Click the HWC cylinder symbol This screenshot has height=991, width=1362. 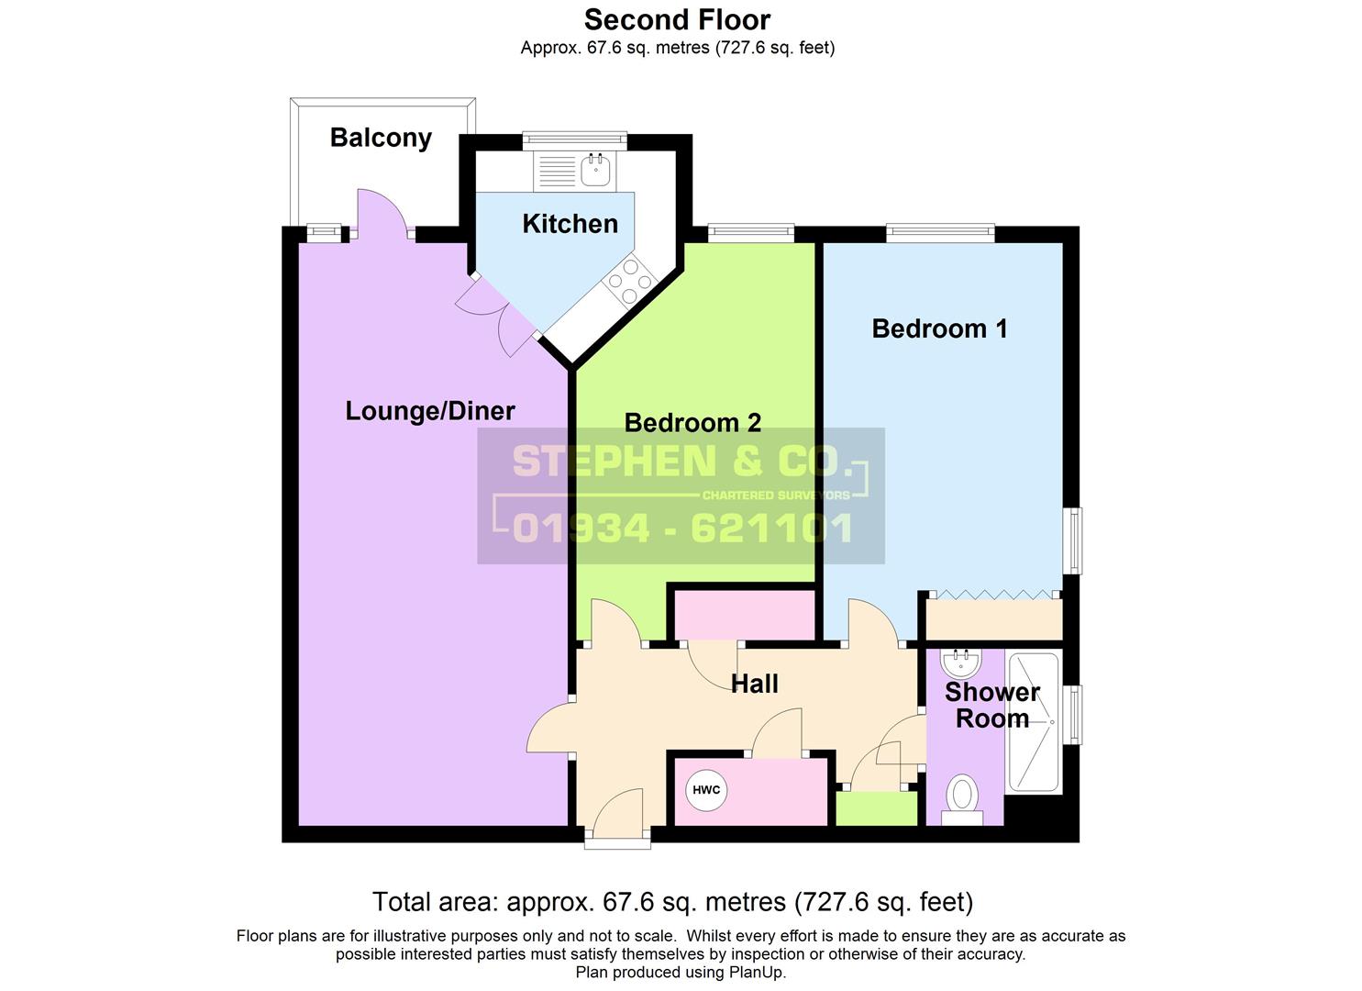click(706, 790)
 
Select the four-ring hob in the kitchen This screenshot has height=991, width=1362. click(630, 281)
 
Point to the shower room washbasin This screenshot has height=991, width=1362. click(961, 663)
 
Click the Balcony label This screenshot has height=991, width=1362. click(381, 138)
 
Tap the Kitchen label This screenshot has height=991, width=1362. click(570, 224)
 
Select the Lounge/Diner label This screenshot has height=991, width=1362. click(430, 411)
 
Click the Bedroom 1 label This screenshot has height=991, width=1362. click(939, 328)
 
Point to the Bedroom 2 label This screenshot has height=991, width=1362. click(692, 423)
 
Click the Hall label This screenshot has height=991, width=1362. click(755, 684)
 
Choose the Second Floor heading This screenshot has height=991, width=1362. click(678, 20)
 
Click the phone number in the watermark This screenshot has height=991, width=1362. click(682, 528)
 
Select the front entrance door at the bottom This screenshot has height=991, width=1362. click(618, 813)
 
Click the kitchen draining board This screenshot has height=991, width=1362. click(556, 171)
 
